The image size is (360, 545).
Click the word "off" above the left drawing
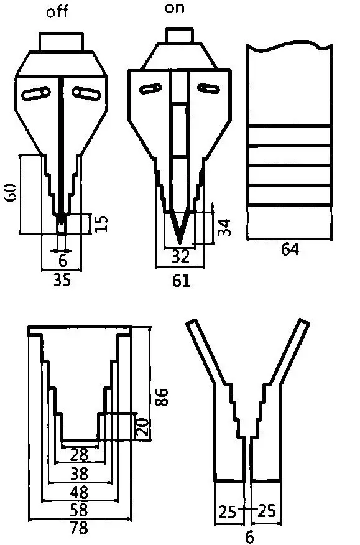(x=58, y=12)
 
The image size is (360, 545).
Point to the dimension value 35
(x=61, y=280)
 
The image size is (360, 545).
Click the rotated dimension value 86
(x=161, y=396)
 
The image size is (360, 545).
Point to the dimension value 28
(x=79, y=455)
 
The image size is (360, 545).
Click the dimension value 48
(x=79, y=492)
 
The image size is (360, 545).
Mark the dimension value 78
(x=79, y=529)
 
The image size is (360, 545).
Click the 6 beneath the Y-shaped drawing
(x=249, y=535)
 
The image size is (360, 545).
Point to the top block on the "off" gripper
(x=61, y=42)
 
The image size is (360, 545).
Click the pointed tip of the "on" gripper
(x=179, y=241)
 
